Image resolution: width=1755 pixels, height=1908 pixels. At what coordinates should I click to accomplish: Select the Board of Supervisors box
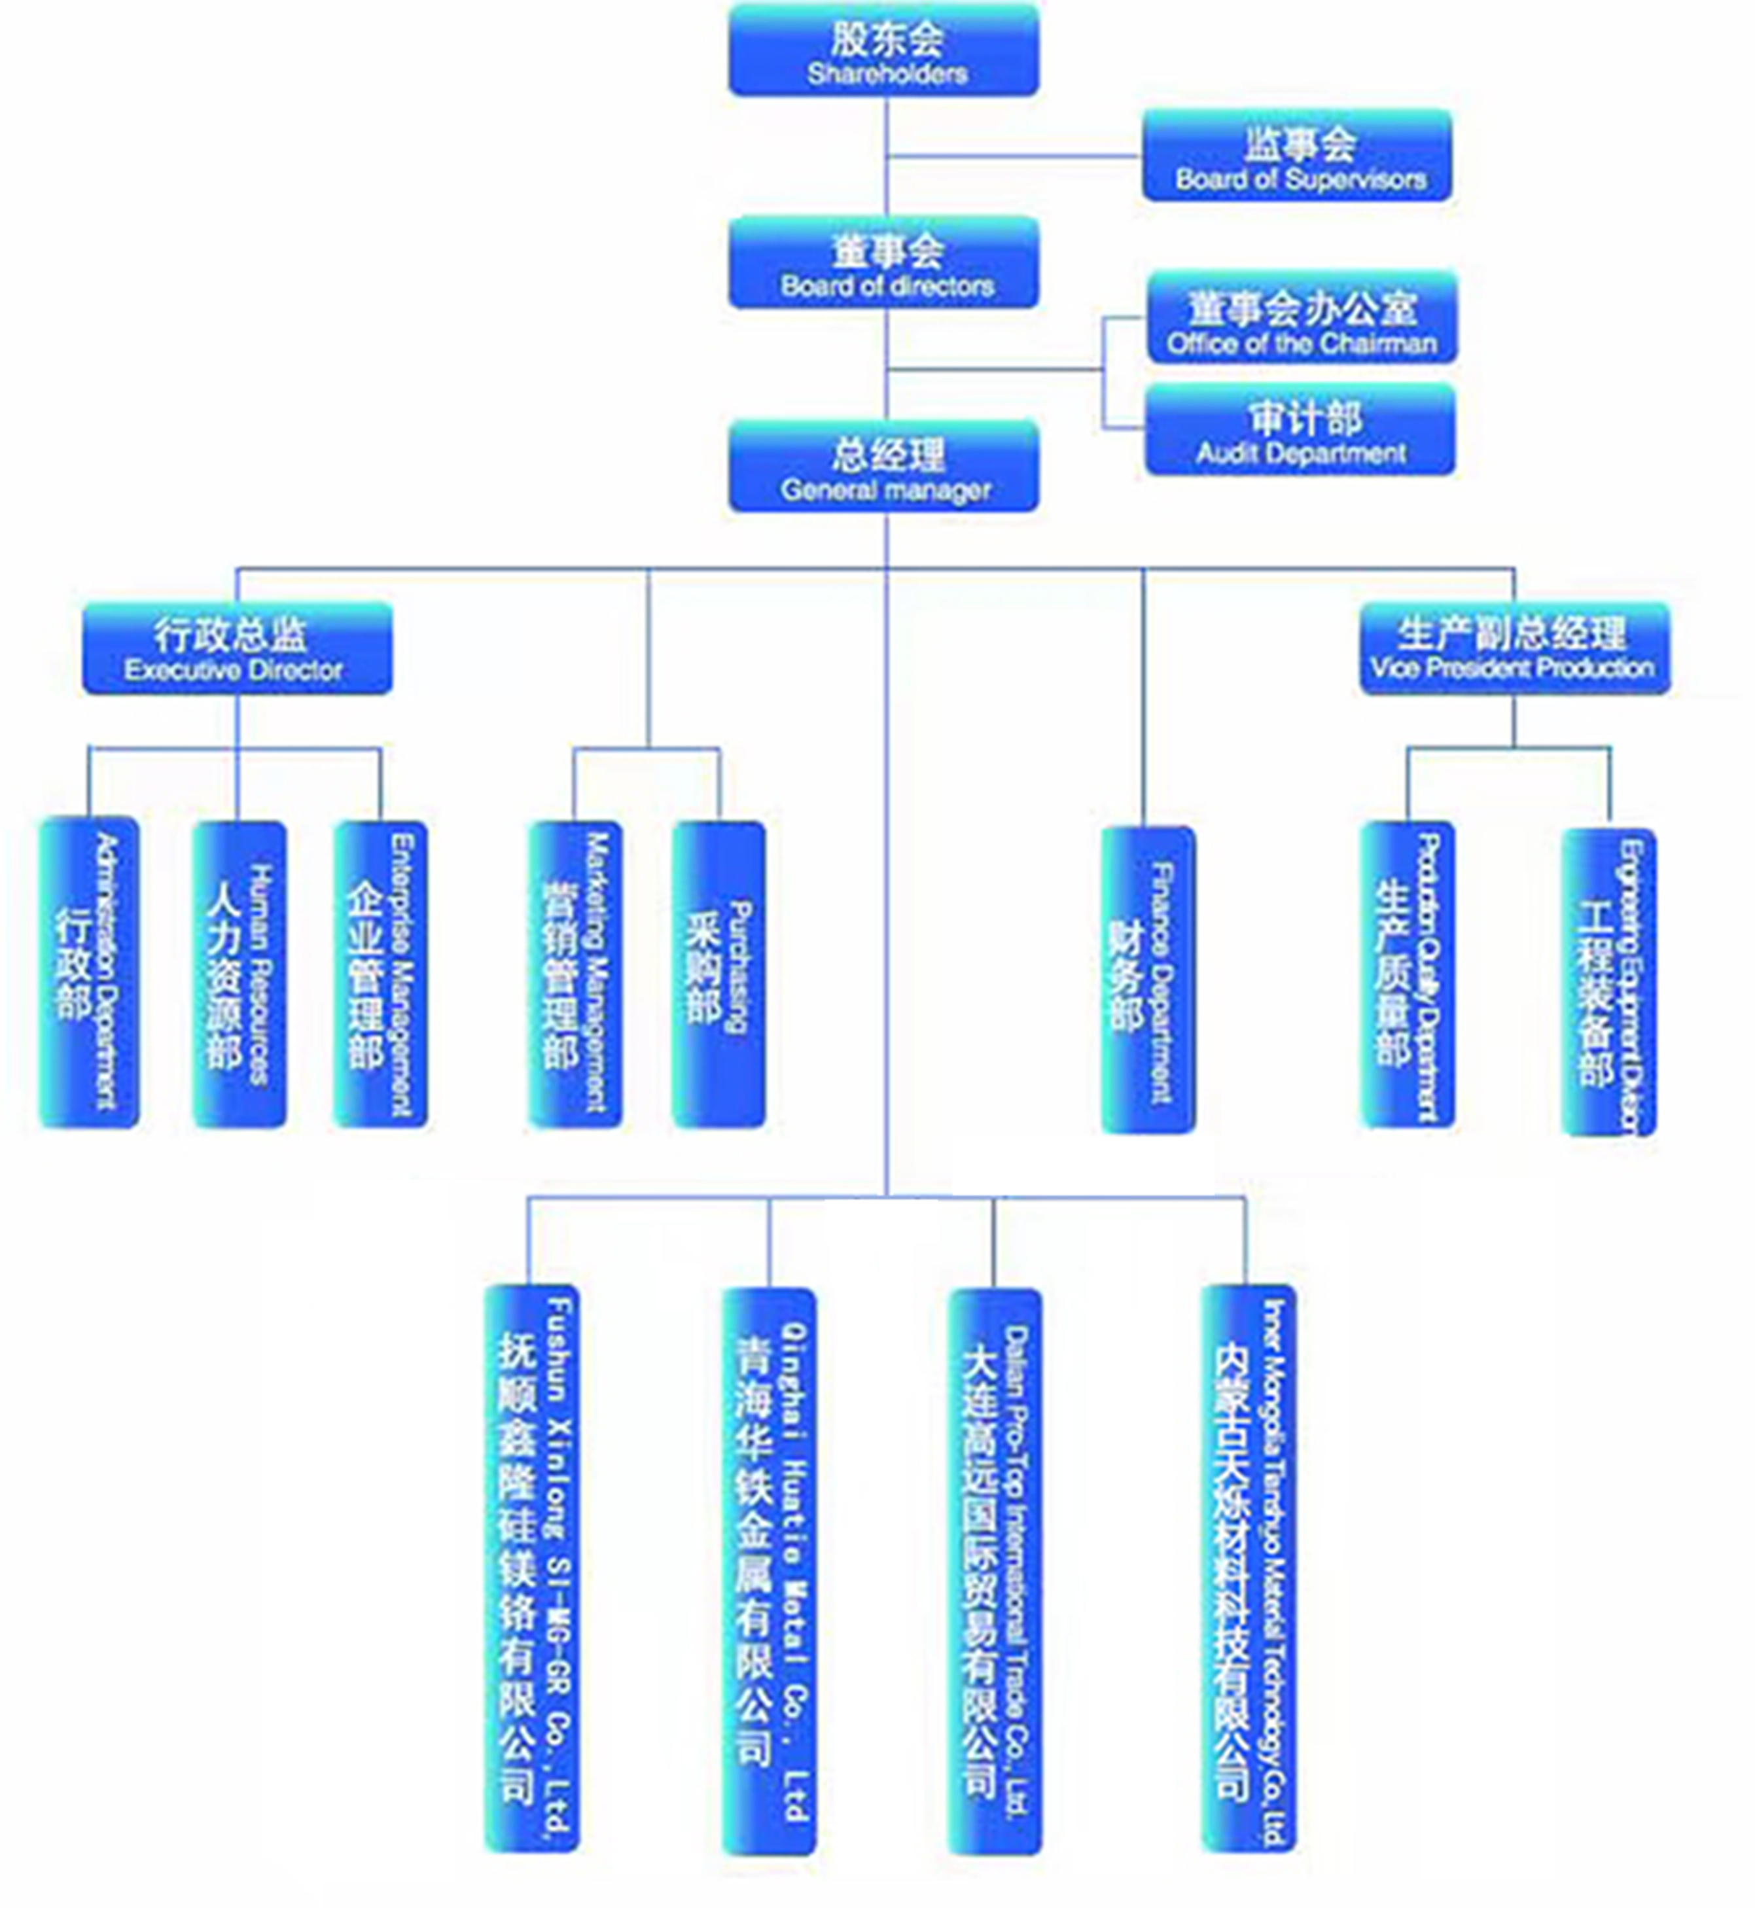[1296, 156]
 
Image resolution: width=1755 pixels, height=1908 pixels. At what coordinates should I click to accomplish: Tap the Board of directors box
[883, 263]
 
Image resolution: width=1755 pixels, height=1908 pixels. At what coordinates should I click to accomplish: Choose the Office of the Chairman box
[1301, 318]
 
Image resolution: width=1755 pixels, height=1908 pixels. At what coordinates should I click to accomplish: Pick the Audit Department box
[1299, 429]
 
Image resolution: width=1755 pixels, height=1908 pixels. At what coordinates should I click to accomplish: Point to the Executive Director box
[236, 648]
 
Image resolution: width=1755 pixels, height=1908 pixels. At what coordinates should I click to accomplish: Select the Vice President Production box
[1514, 648]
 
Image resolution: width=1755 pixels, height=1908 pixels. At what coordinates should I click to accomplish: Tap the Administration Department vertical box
[88, 972]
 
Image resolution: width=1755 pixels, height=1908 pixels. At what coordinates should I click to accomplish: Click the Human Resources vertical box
[238, 974]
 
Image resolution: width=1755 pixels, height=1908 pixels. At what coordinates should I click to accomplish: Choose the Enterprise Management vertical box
[380, 974]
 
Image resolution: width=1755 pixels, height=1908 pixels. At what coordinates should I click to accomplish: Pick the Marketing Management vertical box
[575, 974]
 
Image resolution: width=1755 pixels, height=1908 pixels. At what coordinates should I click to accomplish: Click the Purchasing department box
[718, 974]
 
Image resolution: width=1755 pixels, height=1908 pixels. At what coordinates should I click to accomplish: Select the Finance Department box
[1147, 978]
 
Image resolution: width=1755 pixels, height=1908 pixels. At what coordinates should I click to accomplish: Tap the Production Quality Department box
[1406, 974]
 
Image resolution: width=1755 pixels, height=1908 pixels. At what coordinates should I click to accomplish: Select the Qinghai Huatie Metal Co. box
[768, 1571]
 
